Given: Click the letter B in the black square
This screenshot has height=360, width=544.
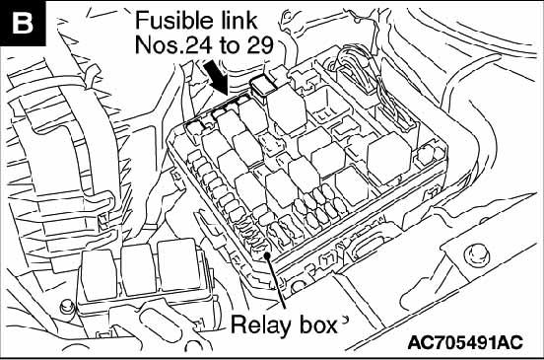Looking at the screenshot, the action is click(23, 24).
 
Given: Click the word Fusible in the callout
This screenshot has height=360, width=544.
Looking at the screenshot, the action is click(174, 20).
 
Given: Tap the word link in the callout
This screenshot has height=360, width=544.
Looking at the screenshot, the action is click(238, 20).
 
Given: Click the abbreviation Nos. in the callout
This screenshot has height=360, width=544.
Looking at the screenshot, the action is click(160, 45).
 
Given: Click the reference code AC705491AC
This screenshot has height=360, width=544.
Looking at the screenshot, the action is click(465, 342).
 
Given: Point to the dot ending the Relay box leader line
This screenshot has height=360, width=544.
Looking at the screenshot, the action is click(267, 255).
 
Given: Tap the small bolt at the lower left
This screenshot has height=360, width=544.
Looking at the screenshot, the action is click(66, 308).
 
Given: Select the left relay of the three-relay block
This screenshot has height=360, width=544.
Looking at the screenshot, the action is click(99, 275).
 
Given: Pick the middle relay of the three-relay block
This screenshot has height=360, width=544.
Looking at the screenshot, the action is click(138, 269).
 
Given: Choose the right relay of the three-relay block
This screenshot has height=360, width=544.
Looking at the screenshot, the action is click(178, 264).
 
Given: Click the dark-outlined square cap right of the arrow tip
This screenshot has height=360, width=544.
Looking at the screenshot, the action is click(262, 86).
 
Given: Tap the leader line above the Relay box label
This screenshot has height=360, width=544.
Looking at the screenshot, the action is click(277, 282).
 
